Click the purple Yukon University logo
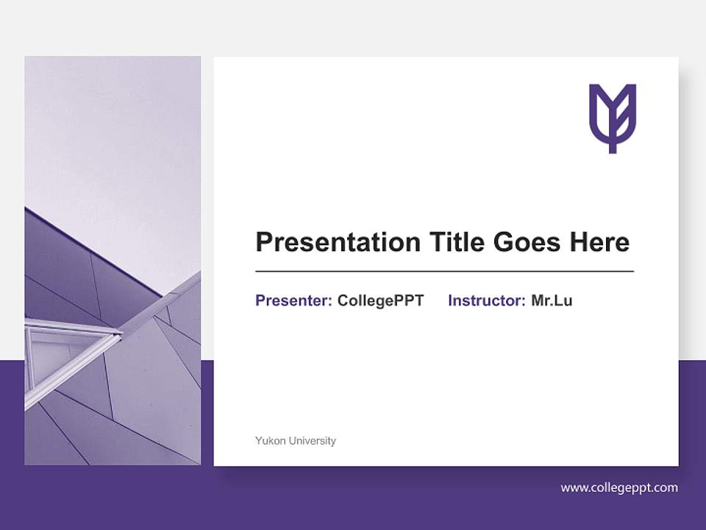612,117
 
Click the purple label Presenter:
293,300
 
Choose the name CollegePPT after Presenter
380,300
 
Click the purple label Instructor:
486,300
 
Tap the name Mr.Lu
552,300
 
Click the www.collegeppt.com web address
618,488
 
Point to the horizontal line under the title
444,272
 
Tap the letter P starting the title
263,242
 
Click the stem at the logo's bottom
612,146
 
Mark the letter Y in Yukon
258,441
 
